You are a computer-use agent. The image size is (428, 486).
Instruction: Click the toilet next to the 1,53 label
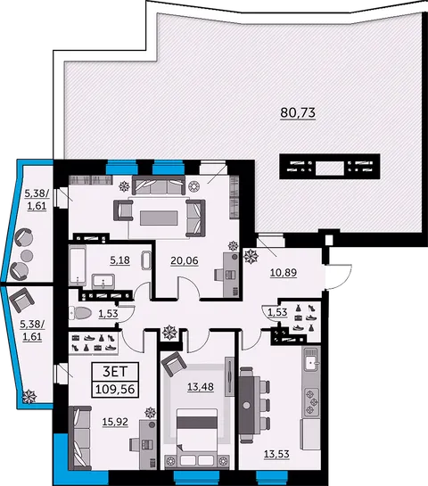[x=82, y=313]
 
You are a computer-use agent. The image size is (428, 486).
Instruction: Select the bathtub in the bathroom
[x=78, y=264]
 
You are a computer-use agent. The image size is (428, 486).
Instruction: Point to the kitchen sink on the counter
[x=310, y=361]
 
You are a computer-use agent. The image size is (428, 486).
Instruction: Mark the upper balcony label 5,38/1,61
[x=37, y=198]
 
